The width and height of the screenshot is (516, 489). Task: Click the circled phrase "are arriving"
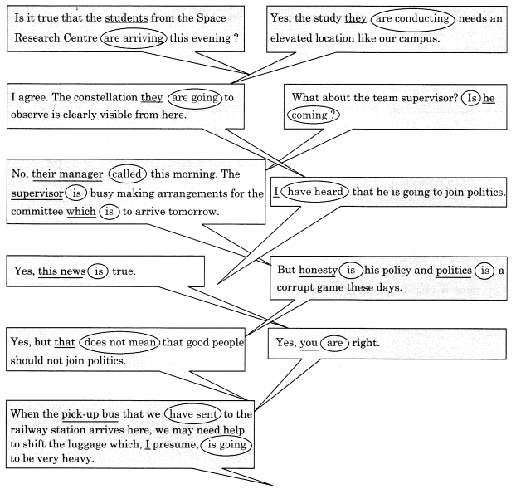[x=134, y=38]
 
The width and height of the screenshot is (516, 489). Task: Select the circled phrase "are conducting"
[x=412, y=19]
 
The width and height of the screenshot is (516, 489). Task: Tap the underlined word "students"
[x=126, y=17]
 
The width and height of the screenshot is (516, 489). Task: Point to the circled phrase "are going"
[x=195, y=98]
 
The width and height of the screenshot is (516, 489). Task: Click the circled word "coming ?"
[x=314, y=115]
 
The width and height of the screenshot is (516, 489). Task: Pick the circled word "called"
[x=127, y=174]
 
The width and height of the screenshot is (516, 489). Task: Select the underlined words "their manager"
[x=67, y=174]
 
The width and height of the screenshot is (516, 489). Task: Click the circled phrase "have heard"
[x=315, y=192]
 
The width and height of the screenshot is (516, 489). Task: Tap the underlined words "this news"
[x=61, y=271]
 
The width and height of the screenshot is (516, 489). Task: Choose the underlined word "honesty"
[x=319, y=270]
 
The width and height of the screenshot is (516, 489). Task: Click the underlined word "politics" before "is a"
[x=454, y=271]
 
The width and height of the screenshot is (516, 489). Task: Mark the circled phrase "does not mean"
[x=119, y=342]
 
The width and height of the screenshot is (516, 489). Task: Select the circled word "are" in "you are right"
[x=334, y=343]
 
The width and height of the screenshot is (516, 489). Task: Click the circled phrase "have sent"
[x=193, y=414]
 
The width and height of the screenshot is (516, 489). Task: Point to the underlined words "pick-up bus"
[x=90, y=414]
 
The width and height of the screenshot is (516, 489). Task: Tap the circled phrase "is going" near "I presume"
[x=227, y=445]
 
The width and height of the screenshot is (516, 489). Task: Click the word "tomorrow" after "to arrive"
[x=193, y=212]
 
